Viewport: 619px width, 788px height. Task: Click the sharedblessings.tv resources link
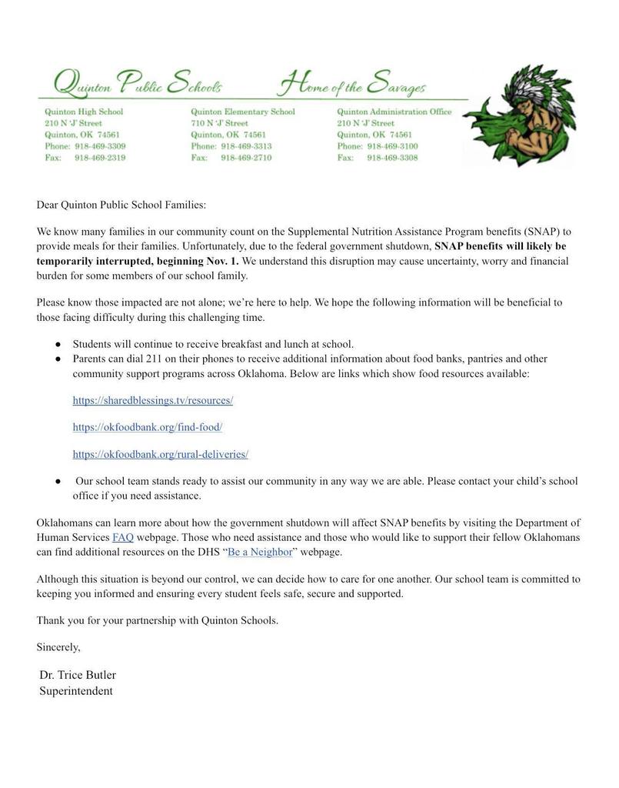pyautogui.click(x=152, y=400)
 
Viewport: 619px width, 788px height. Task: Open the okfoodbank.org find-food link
pyautogui.click(x=147, y=426)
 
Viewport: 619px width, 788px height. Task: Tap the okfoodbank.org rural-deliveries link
pyautogui.click(x=160, y=454)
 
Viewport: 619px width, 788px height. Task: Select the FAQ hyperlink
pyautogui.click(x=123, y=537)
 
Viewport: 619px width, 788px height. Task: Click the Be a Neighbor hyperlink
pyautogui.click(x=260, y=552)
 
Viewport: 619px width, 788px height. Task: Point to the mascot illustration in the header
pyautogui.click(x=522, y=115)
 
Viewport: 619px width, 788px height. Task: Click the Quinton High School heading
pyautogui.click(x=84, y=112)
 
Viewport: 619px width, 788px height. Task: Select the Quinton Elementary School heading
pyautogui.click(x=242, y=112)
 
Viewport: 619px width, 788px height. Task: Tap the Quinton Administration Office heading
pyautogui.click(x=394, y=112)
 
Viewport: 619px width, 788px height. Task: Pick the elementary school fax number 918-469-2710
pyautogui.click(x=246, y=158)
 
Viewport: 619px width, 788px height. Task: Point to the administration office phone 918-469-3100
pyautogui.click(x=392, y=146)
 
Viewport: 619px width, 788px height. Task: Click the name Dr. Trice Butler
pyautogui.click(x=78, y=675)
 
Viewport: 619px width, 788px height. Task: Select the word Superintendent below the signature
pyautogui.click(x=76, y=691)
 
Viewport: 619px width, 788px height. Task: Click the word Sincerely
pyautogui.click(x=58, y=647)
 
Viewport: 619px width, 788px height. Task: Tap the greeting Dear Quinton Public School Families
pyautogui.click(x=121, y=205)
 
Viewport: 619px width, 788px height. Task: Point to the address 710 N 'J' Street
pyautogui.click(x=219, y=123)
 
